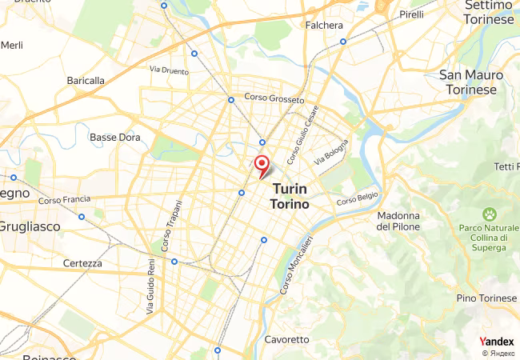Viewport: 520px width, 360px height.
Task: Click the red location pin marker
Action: [261, 164]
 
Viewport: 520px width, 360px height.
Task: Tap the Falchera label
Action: [324, 26]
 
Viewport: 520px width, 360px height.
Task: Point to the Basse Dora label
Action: [114, 137]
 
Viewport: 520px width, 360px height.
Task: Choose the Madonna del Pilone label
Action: [398, 221]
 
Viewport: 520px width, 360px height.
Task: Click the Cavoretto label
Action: [286, 339]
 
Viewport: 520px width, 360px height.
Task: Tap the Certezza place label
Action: [82, 263]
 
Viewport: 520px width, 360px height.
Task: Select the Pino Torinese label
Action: [486, 298]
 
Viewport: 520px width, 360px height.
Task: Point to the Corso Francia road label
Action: [61, 199]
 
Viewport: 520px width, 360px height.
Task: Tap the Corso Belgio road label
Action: [356, 199]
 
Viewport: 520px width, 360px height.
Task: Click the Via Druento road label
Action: [169, 70]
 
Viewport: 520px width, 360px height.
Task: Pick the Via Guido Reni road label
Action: [150, 285]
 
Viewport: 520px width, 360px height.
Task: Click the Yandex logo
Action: [496, 342]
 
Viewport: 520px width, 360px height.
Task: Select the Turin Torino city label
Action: [293, 196]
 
